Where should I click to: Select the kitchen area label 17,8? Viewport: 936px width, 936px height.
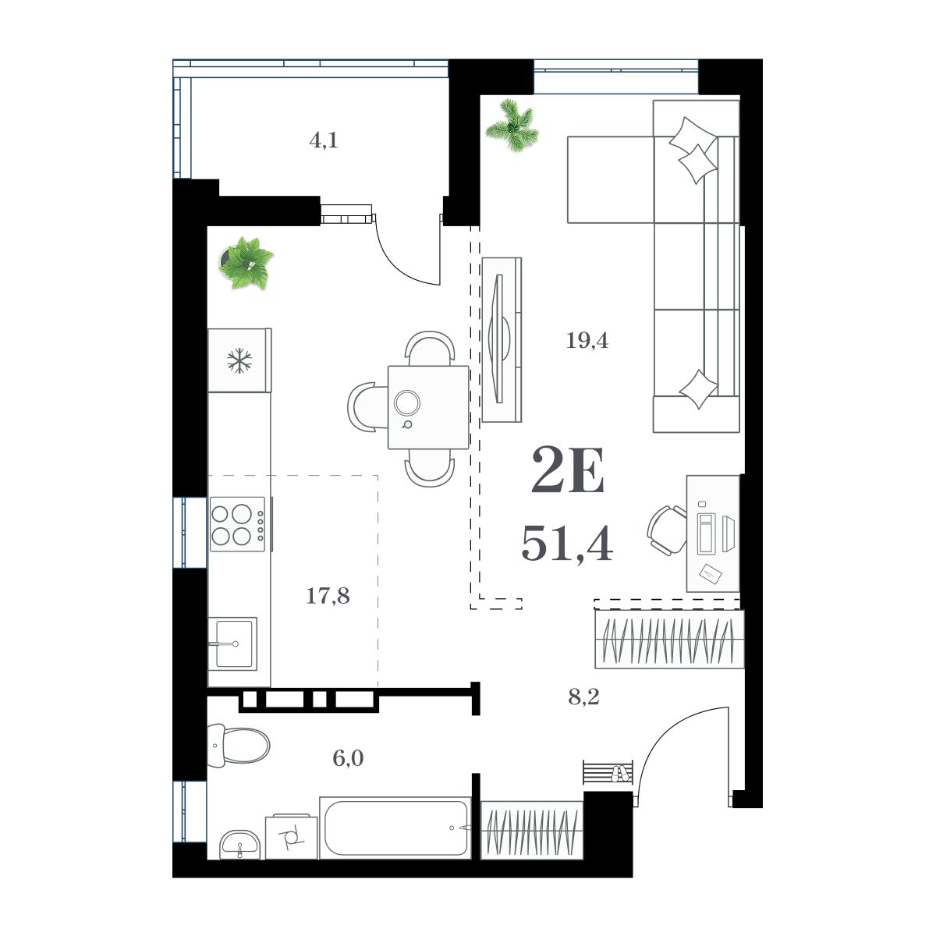pyautogui.click(x=328, y=597)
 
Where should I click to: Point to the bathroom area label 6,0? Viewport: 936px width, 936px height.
pyautogui.click(x=349, y=757)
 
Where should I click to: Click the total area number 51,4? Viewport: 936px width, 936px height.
pyautogui.click(x=566, y=543)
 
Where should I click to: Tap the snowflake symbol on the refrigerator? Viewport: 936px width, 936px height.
pyautogui.click(x=239, y=360)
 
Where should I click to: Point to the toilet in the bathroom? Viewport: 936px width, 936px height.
pyautogui.click(x=238, y=746)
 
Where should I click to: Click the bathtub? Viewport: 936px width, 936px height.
pyautogui.click(x=395, y=827)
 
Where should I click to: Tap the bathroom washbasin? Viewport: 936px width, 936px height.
pyautogui.click(x=241, y=844)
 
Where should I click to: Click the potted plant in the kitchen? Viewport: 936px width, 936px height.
pyautogui.click(x=246, y=264)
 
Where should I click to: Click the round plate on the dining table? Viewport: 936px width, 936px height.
pyautogui.click(x=407, y=402)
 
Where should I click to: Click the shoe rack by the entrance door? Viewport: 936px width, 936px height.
pyautogui.click(x=606, y=772)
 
